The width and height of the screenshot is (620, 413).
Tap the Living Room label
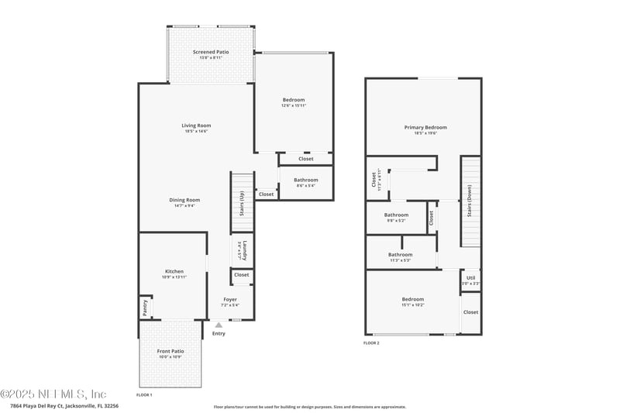point(196,126)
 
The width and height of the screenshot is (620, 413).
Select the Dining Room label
point(184,200)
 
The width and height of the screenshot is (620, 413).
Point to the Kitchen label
point(174,271)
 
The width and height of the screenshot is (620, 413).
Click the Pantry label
point(145,308)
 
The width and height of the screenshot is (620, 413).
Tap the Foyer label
point(230,299)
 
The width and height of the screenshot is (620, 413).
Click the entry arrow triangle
point(219,325)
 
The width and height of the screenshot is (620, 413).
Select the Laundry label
point(243,252)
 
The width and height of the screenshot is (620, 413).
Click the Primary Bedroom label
point(425,128)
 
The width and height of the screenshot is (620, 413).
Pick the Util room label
point(470,277)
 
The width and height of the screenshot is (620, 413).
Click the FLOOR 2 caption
point(371,342)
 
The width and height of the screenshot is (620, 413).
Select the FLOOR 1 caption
point(144,394)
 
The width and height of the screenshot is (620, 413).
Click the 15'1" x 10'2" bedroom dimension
point(413,305)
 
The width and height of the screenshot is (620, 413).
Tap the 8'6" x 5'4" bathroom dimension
point(305,186)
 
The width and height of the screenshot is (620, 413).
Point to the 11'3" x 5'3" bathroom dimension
point(401,260)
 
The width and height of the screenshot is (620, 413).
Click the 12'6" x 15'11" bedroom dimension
point(294,105)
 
